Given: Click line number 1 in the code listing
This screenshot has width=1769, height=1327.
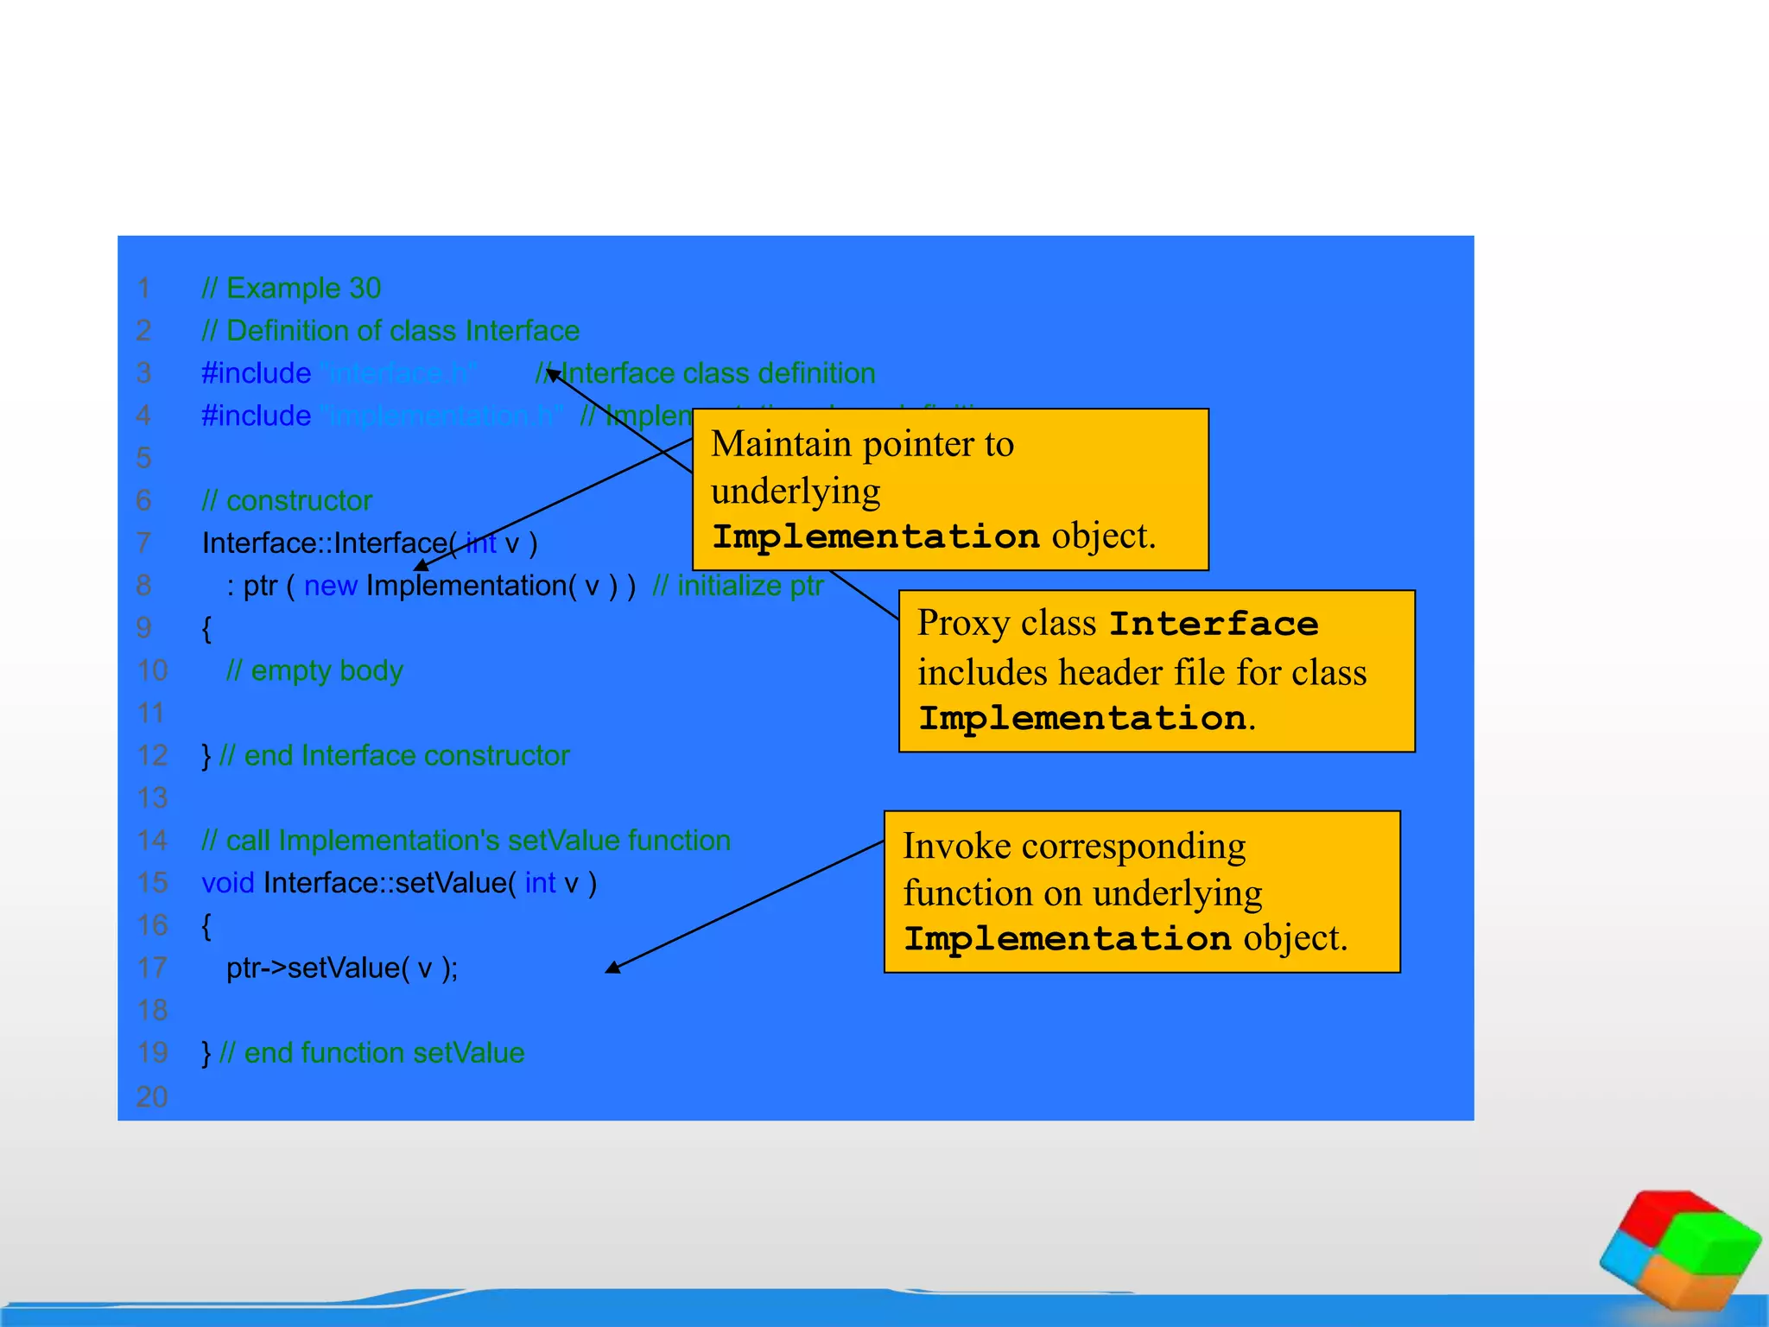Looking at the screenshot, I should [143, 289].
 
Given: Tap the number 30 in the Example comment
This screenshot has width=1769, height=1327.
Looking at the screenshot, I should [365, 289].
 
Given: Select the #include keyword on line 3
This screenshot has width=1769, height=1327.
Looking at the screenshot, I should [256, 373].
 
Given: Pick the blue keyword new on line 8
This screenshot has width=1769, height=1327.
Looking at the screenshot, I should [330, 586].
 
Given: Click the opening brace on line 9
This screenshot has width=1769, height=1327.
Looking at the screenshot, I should [206, 628].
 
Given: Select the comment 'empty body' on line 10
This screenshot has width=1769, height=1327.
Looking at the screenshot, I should [314, 670].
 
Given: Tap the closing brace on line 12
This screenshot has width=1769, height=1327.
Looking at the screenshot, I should [206, 756].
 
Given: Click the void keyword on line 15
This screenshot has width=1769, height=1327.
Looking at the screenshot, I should [227, 883].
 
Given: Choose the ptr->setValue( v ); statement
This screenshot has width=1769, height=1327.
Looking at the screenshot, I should [342, 968].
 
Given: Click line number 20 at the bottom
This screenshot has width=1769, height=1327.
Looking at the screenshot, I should [152, 1096].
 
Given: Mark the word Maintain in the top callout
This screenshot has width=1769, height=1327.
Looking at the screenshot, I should [781, 444].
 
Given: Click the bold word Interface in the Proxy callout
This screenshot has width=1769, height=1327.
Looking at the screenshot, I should [1214, 624].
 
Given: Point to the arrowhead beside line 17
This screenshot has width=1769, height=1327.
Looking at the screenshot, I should [612, 968].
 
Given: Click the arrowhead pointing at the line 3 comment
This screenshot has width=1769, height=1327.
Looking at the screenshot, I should [553, 374].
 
